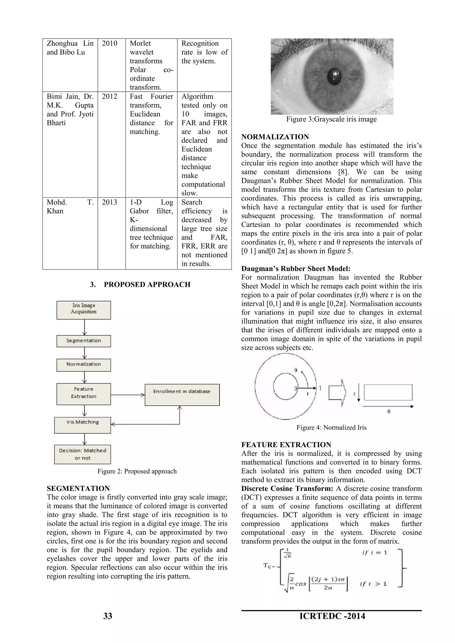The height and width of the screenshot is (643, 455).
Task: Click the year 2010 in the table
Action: point(109,44)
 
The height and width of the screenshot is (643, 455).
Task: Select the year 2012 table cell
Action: point(109,97)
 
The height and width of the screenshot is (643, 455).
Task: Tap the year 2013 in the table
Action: point(109,202)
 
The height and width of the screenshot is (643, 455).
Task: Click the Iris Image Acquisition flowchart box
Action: point(84,310)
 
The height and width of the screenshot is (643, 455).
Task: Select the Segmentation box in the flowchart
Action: point(84,341)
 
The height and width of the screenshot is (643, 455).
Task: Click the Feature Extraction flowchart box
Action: point(84,393)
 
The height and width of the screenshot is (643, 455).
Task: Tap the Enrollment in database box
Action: point(182,395)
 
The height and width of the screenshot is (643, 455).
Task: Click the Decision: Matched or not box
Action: point(83,454)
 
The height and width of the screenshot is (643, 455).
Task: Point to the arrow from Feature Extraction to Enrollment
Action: point(128,395)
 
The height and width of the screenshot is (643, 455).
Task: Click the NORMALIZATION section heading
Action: point(275,137)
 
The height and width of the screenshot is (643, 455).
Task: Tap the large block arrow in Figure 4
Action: point(337,392)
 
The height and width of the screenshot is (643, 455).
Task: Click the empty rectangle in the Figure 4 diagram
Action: point(388,392)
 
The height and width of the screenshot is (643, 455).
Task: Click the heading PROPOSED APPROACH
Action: point(147,285)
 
